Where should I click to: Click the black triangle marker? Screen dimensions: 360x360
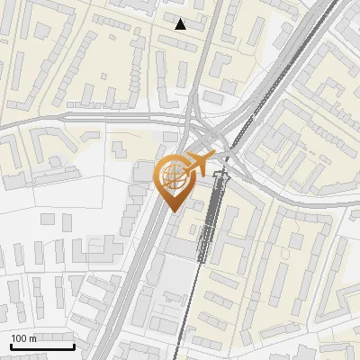(x=181, y=24)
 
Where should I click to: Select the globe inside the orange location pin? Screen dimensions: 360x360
(x=174, y=175)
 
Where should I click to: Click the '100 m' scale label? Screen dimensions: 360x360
(x=24, y=338)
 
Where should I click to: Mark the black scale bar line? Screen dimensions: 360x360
(x=41, y=346)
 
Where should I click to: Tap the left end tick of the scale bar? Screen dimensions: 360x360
(x=10, y=345)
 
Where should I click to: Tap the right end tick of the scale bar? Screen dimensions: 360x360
(x=74, y=345)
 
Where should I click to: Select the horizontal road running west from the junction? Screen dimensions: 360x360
(x=90, y=117)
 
